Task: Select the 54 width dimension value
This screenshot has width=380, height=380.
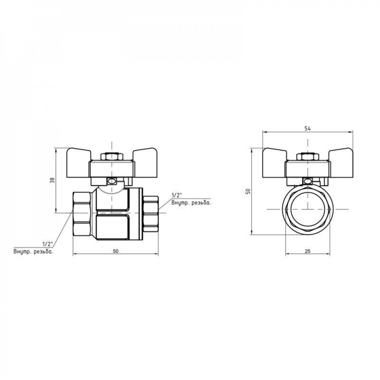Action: tap(307, 129)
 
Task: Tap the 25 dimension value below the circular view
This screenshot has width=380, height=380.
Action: tap(307, 251)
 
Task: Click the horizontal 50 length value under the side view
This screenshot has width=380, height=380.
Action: tap(115, 251)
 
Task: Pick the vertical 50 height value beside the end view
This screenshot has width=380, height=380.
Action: tap(248, 191)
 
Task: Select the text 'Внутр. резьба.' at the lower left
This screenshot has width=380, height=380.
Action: tap(33, 252)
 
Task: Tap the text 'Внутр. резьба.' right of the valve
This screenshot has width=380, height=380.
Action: tap(191, 203)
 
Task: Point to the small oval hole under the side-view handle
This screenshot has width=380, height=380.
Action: tap(112, 182)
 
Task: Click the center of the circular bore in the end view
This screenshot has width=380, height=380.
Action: tap(307, 209)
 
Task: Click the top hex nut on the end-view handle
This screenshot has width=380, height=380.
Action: tap(307, 157)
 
